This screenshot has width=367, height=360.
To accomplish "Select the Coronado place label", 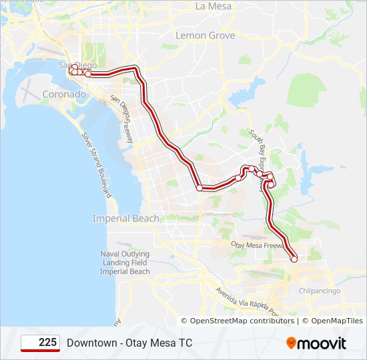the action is [x=64, y=95].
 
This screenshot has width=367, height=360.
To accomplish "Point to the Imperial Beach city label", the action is [x=125, y=218].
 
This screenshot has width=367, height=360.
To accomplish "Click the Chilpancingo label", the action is [x=319, y=291].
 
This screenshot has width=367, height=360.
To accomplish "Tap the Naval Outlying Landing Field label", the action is [x=125, y=263].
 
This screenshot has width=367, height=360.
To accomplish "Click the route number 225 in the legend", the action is [x=47, y=342].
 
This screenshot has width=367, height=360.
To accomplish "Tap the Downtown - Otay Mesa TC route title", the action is [x=129, y=343].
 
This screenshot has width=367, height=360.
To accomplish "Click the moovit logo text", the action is [x=322, y=344].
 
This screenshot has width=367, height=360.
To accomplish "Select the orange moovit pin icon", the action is [x=291, y=343].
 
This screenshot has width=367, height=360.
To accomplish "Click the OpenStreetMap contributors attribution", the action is [x=242, y=321].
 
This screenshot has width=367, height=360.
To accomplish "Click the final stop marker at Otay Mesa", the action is [x=294, y=259].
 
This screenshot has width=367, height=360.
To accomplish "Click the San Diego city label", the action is [x=77, y=65].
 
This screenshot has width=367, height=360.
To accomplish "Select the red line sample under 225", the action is [x=40, y=350].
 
